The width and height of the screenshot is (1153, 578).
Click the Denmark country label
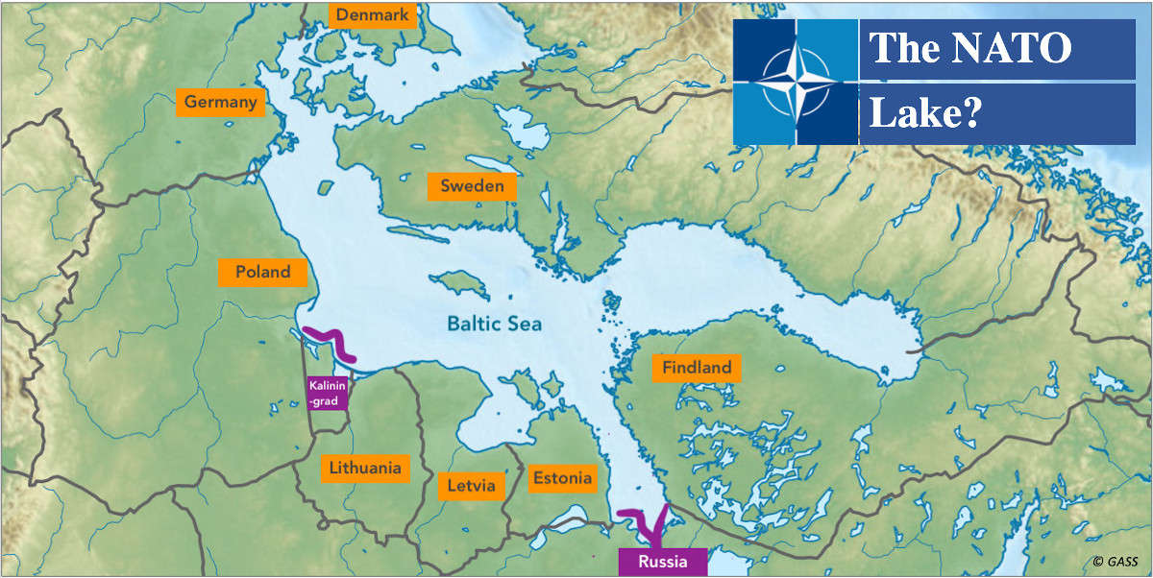click(372, 15)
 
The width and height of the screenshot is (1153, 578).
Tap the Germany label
click(220, 102)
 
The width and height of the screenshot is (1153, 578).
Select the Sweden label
click(472, 186)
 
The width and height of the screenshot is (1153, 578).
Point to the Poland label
click(262, 272)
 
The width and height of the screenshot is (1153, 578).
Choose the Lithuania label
click(364, 469)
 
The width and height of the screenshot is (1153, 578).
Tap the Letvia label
click(471, 486)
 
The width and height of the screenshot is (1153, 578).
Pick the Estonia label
click(562, 477)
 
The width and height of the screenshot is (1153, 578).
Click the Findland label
click(697, 367)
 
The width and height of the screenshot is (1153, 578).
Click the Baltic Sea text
click(494, 324)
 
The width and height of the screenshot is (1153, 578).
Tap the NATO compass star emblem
click(795, 82)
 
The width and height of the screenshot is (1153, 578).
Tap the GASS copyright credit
click(1116, 562)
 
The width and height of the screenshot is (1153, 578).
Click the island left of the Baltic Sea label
click(456, 283)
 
